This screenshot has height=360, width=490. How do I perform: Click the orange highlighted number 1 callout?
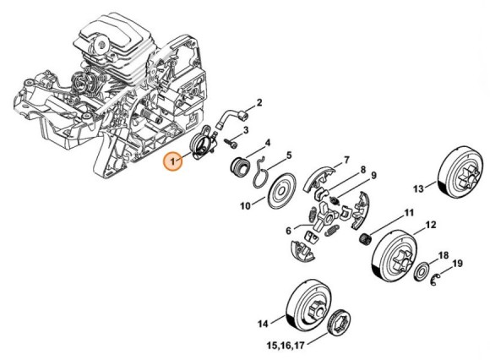[173, 161]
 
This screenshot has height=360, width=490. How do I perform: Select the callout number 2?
[259, 102]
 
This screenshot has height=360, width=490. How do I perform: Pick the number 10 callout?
[246, 206]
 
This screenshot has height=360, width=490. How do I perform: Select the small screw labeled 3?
[231, 143]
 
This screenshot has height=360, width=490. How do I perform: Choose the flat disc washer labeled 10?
[282, 190]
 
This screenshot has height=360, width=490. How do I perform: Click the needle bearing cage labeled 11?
[364, 240]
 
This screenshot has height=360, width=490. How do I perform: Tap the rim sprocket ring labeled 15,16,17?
[338, 325]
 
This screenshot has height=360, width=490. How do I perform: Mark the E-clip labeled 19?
[435, 279]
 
